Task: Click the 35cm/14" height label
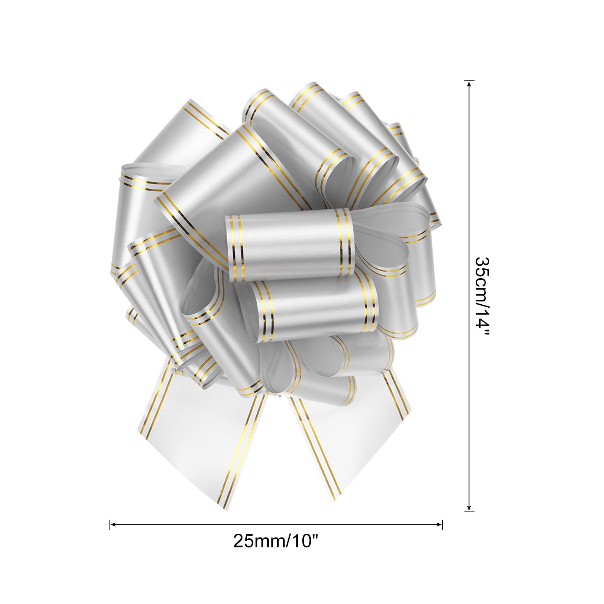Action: (482, 296)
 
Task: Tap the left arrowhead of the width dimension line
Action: (113, 524)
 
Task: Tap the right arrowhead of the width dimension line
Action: (439, 524)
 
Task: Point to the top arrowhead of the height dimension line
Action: (469, 84)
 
